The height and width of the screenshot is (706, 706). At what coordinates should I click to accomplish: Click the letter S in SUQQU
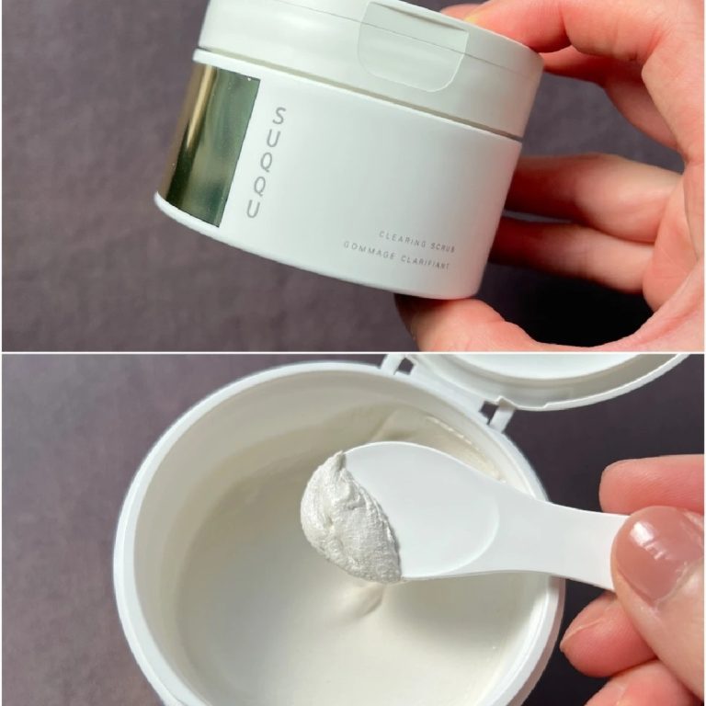[279, 115]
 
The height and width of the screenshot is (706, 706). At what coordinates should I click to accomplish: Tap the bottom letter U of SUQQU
[254, 209]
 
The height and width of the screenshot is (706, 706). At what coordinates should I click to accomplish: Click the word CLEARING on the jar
[403, 240]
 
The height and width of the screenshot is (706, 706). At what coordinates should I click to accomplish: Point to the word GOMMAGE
[370, 250]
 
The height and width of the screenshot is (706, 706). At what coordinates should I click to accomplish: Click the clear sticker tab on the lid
[412, 47]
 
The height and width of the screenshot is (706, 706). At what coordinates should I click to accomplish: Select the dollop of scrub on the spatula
[349, 518]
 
